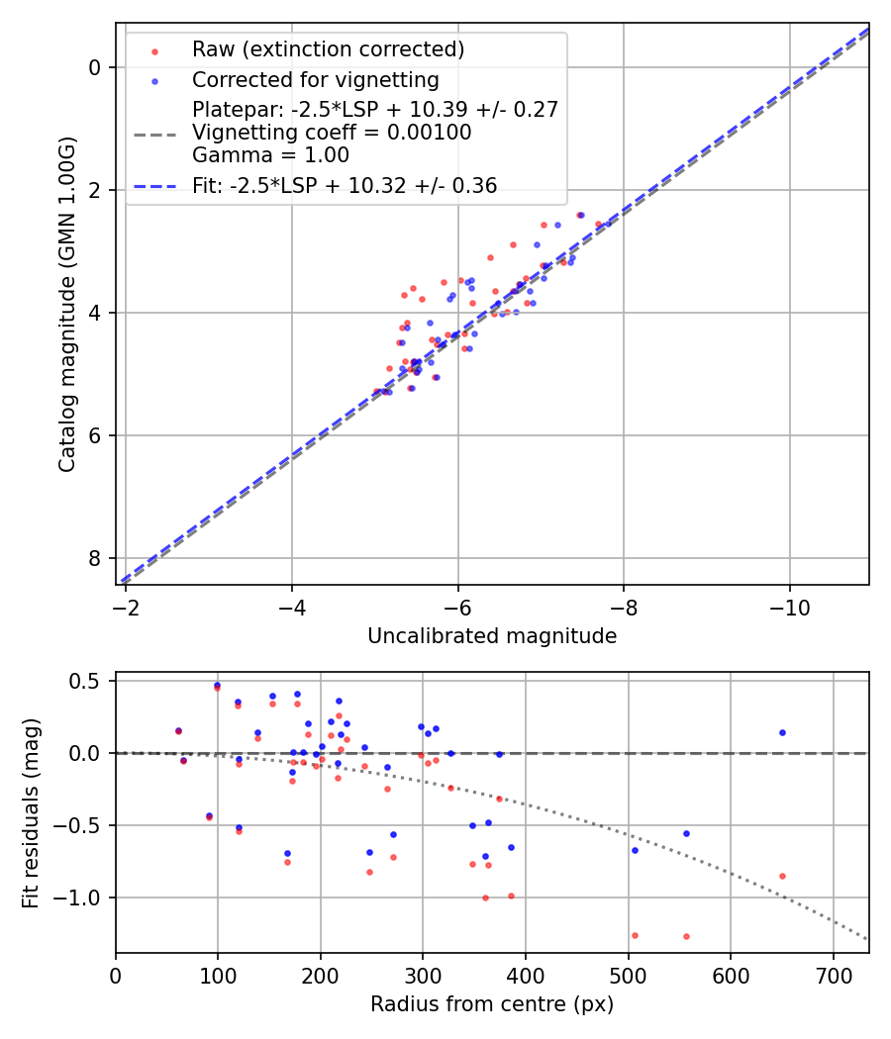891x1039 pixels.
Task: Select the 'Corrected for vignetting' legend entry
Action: click(315, 79)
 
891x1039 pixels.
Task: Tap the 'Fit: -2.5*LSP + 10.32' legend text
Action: click(345, 186)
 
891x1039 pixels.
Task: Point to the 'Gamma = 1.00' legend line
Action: click(270, 154)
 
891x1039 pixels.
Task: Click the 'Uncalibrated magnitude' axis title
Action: click(492, 636)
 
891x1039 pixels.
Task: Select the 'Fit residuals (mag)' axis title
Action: click(31, 811)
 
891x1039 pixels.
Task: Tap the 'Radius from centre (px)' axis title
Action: click(492, 1004)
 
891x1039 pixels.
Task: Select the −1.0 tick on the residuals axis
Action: click(85, 897)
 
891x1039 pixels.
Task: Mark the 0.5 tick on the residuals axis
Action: click(90, 681)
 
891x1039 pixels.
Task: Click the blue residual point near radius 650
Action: click(782, 733)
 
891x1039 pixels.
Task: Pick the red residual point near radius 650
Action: click(782, 876)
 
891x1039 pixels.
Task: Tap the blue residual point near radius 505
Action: click(635, 850)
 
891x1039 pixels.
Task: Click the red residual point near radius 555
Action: click(685, 936)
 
